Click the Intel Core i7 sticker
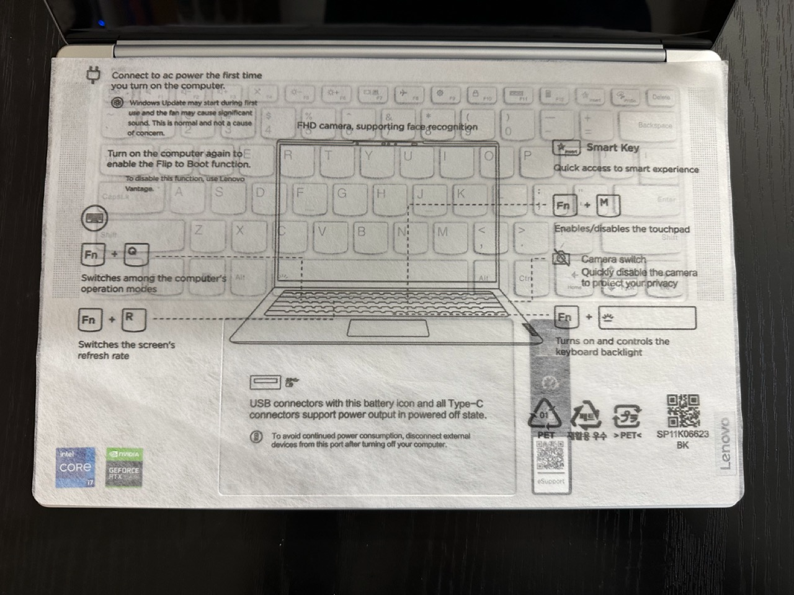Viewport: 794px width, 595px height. tap(75, 467)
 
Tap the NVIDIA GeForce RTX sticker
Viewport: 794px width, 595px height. tap(124, 467)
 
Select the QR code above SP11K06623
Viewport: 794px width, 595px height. tap(682, 410)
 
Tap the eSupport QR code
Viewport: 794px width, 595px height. tap(550, 457)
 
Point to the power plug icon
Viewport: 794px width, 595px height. tap(94, 76)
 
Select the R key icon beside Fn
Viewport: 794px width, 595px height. tap(133, 319)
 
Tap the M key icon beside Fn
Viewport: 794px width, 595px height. tap(607, 205)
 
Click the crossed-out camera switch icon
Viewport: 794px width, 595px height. tap(561, 258)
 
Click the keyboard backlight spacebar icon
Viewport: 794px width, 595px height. tap(647, 318)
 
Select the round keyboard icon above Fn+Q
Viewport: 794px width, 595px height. tap(94, 218)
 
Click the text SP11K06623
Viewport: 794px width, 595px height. tap(682, 434)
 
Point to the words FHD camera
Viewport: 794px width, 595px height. tap(330, 126)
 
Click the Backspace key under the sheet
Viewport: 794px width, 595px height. tap(654, 125)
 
